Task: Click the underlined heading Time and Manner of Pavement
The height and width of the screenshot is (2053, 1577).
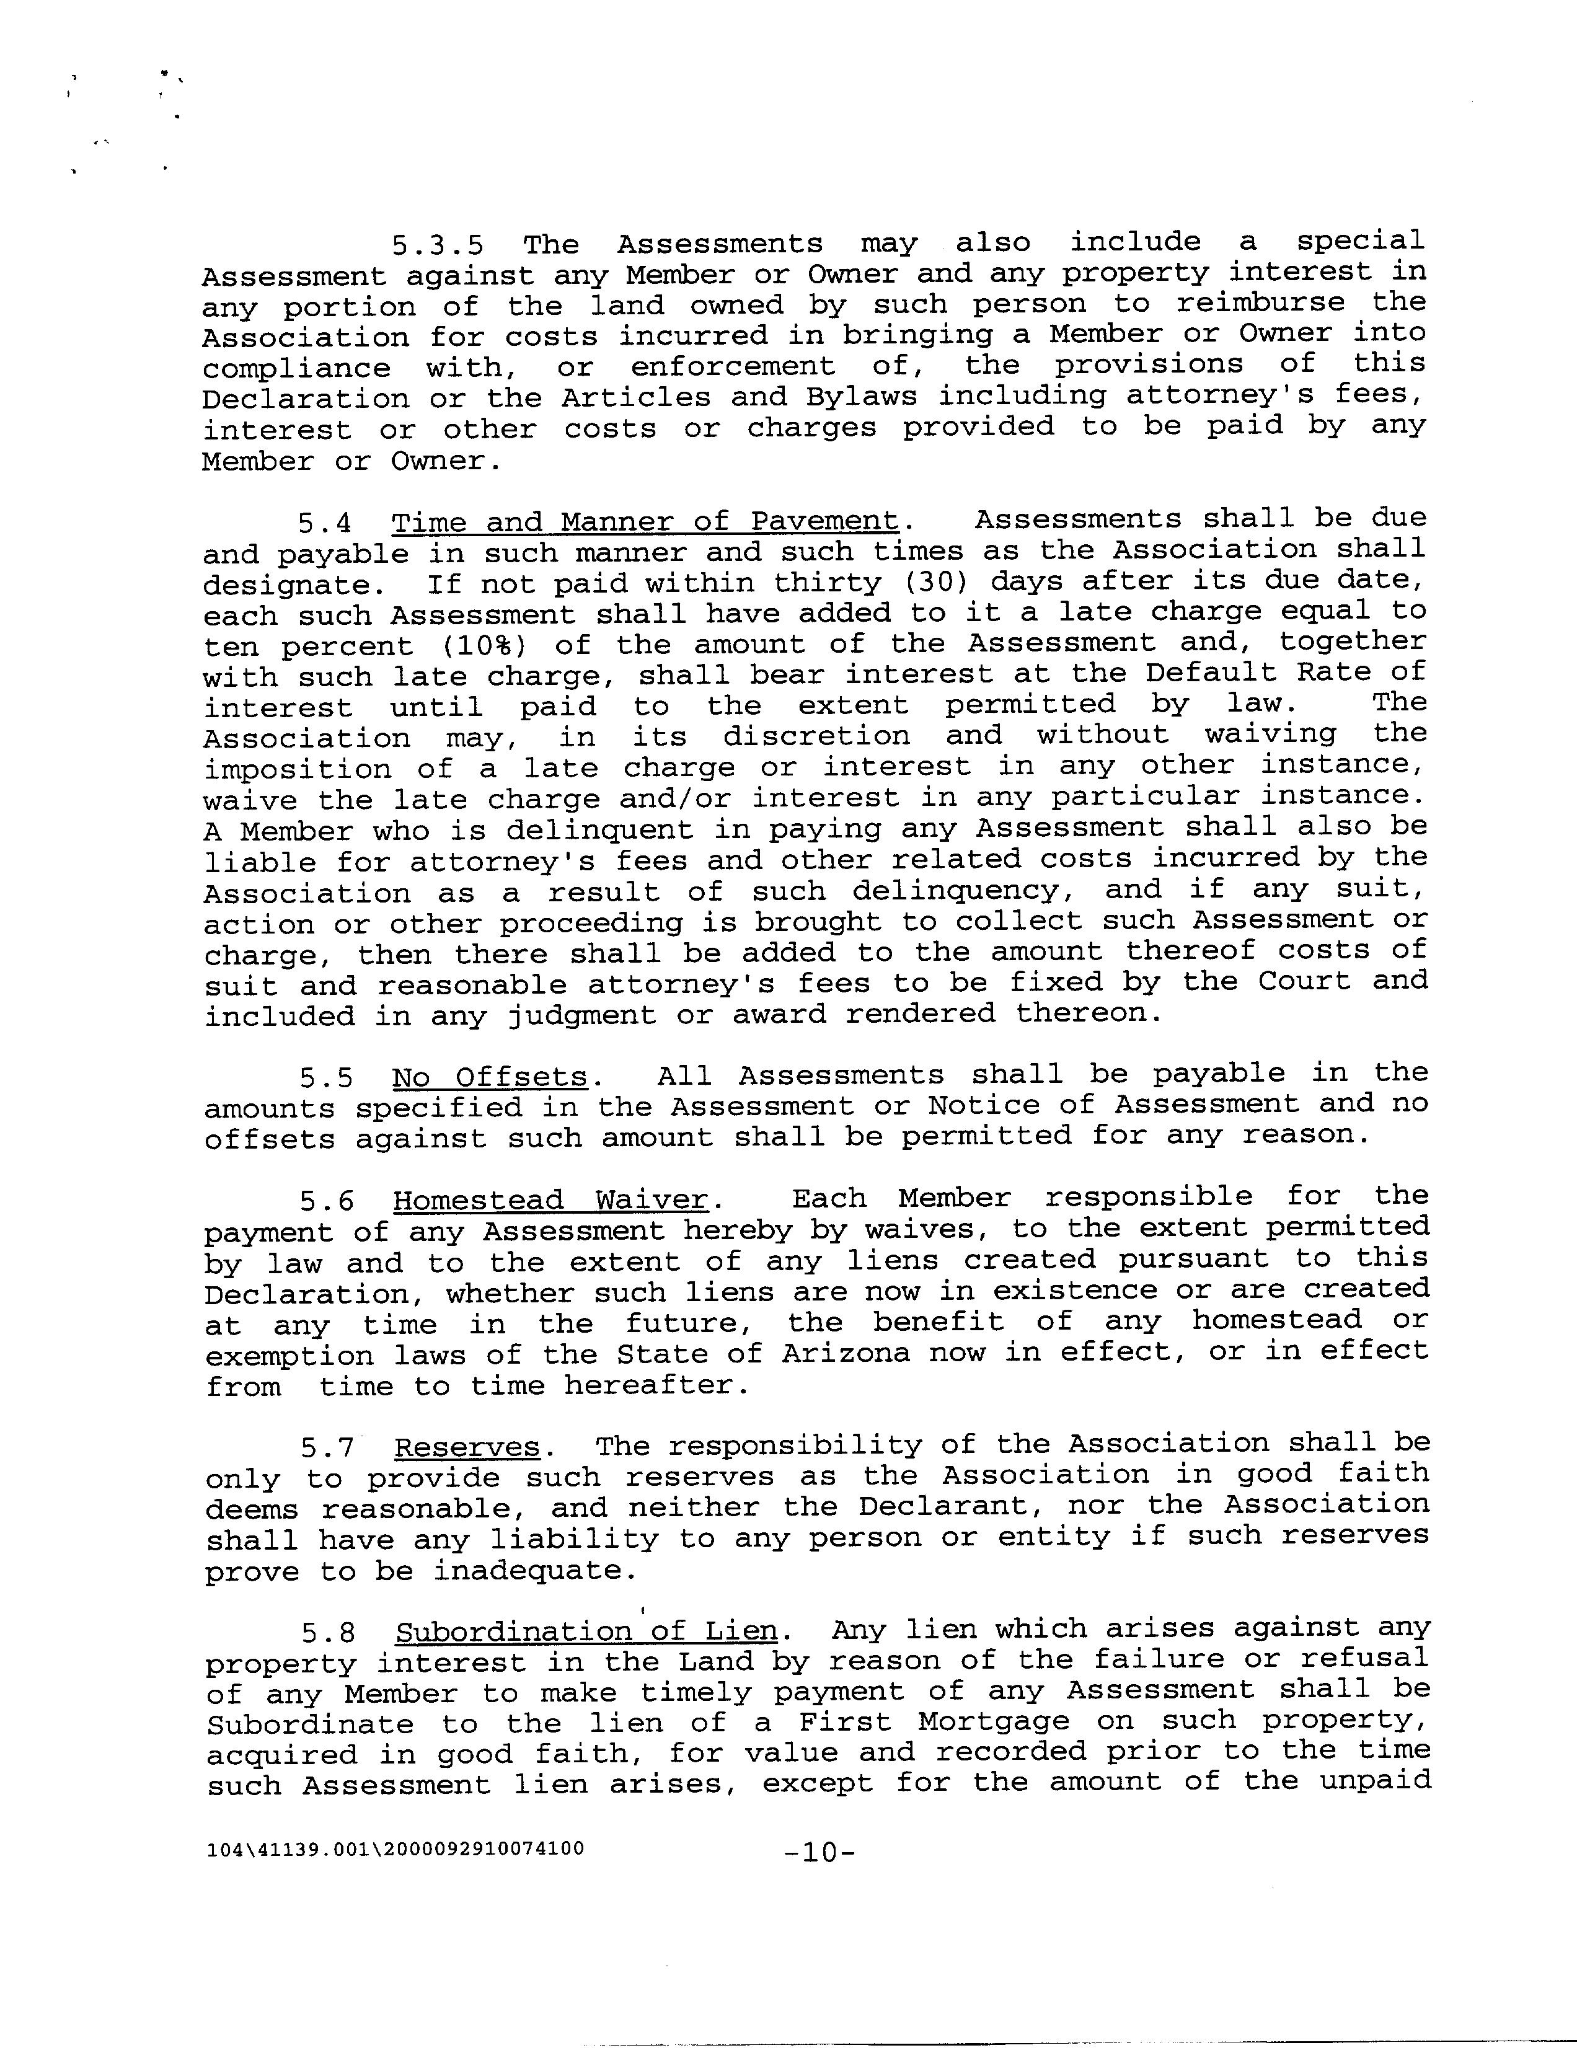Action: [x=645, y=522]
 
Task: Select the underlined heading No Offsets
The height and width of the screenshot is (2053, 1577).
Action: [x=490, y=1077]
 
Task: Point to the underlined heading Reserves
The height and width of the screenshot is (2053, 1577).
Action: [x=467, y=1447]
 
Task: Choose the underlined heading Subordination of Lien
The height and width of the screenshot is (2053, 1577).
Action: [x=586, y=1631]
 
